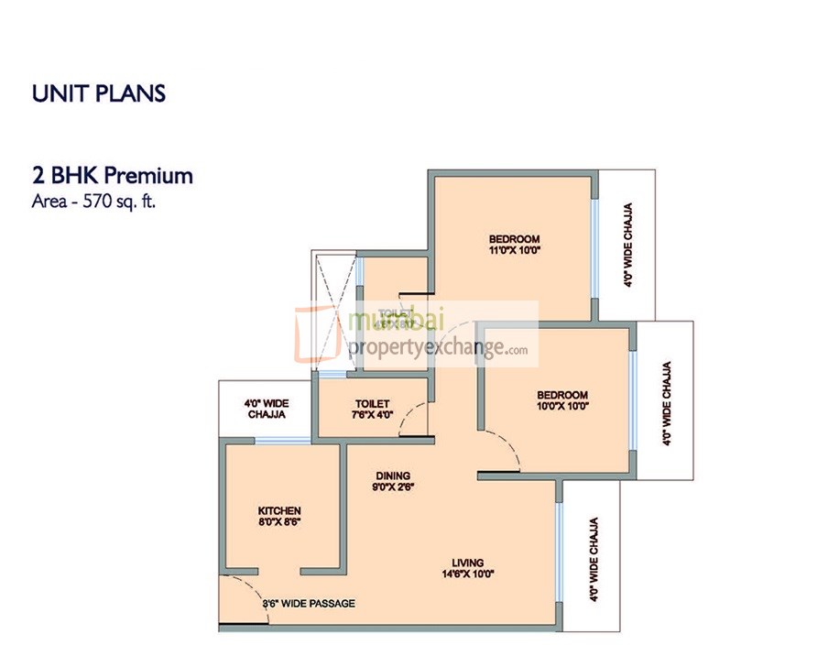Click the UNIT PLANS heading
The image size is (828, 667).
tap(98, 93)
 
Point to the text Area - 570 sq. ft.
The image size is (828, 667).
tap(93, 202)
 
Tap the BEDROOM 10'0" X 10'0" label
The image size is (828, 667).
tap(562, 400)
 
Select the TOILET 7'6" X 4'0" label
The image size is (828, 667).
tap(373, 409)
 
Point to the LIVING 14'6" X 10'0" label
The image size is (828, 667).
tap(467, 569)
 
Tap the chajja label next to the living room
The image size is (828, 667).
tap(594, 560)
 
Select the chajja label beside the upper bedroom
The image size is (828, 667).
tap(627, 246)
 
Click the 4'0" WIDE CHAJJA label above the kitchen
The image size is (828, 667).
tap(265, 409)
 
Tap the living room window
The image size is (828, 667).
tap(559, 550)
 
